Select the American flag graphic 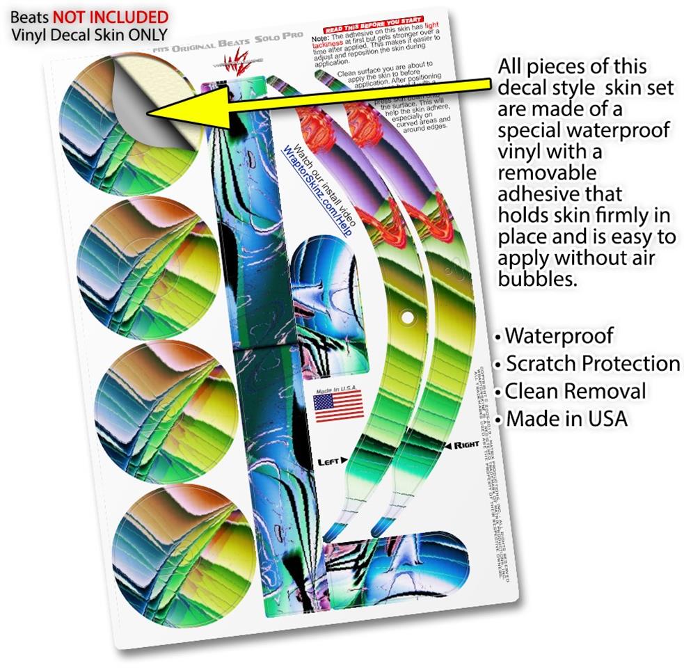coord(338,406)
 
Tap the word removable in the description coord(547,173)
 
